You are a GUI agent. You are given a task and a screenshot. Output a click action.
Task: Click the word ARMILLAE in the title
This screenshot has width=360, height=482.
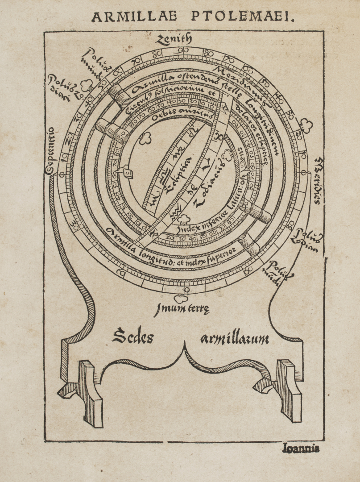tap(134, 17)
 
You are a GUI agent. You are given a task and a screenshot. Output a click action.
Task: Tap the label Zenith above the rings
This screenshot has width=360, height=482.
tap(174, 40)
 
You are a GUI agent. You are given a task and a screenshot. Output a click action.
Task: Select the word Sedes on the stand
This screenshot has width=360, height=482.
tap(132, 336)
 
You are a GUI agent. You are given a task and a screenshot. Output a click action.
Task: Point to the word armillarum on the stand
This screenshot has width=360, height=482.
tap(235, 339)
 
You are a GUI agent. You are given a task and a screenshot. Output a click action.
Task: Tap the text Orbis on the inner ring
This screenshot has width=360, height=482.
tap(161, 115)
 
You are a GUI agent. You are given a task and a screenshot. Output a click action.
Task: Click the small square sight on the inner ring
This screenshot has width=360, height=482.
tap(126, 170)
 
